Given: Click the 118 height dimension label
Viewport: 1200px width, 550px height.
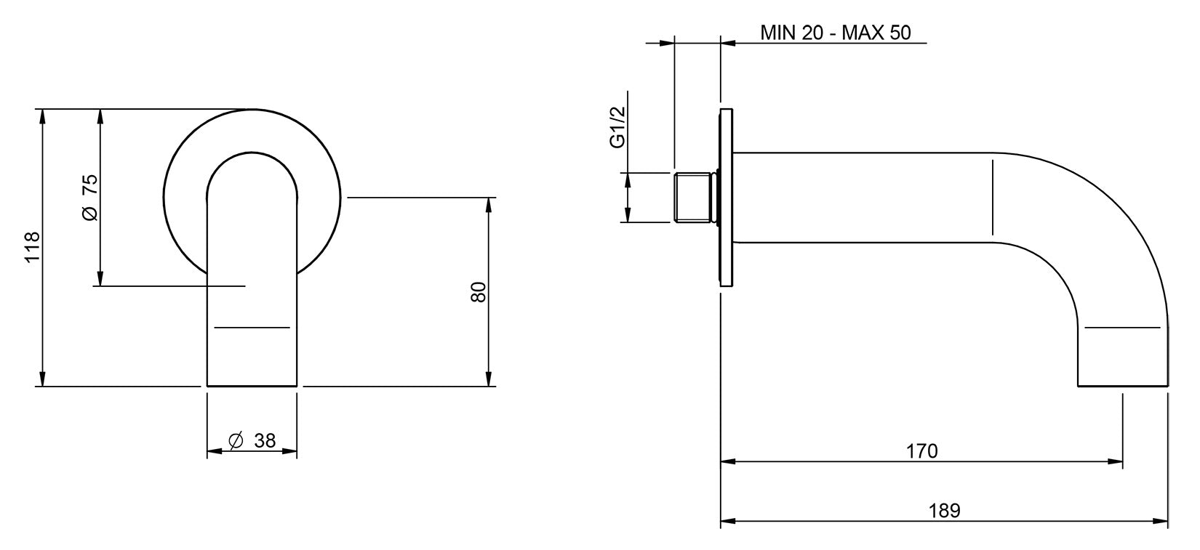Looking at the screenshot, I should point(33,247).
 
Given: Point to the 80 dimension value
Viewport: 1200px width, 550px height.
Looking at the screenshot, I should point(478,292).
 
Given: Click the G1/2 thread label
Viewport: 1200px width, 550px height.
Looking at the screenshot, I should point(617,128).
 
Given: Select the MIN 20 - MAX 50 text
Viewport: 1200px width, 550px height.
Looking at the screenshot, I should point(835,33).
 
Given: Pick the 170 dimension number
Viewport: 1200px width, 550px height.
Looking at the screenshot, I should point(921,451).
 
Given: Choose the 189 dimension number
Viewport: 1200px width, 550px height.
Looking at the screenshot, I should point(945,511).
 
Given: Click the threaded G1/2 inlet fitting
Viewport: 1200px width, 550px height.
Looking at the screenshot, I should point(694,198).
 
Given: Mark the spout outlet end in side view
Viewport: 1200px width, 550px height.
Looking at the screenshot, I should point(1122,384).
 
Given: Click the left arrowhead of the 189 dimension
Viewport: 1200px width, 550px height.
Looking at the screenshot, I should point(727,521).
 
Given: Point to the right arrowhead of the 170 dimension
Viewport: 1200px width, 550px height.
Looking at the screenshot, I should point(1116,461).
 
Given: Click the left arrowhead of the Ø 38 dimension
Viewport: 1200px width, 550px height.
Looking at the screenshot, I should point(214,452).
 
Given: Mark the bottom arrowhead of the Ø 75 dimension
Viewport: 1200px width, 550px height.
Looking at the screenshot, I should point(100,279).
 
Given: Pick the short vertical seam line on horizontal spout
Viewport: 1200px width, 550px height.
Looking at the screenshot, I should point(992,197).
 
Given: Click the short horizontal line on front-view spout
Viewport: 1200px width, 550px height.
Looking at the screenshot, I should point(252,328).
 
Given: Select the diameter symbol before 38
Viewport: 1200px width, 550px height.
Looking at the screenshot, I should point(235,440).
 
